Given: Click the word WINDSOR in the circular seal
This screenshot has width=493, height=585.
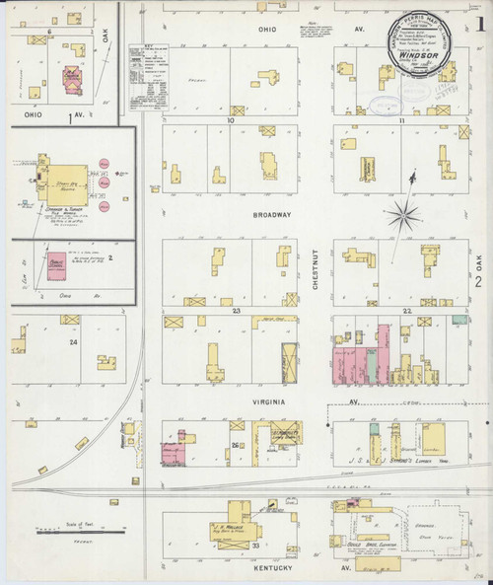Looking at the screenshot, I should point(419,57).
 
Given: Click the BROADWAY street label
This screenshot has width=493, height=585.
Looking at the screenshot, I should point(272,214).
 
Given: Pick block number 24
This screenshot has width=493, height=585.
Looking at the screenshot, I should point(72,341).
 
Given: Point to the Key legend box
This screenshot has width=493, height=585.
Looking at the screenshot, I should point(146,74).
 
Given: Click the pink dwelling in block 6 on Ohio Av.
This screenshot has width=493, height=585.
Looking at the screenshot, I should point(72,80).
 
